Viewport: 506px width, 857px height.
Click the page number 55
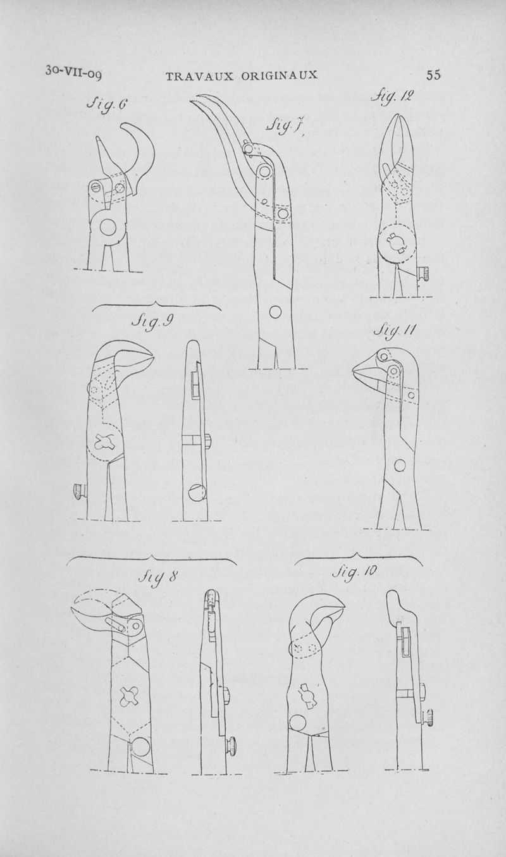tap(433, 75)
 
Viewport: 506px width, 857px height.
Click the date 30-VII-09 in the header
tap(73, 72)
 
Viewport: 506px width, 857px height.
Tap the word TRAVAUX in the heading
tap(199, 75)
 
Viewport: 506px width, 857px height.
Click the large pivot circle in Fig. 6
tap(108, 227)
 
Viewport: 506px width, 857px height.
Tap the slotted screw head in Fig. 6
tap(96, 187)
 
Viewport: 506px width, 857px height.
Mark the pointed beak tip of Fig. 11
tap(354, 369)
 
